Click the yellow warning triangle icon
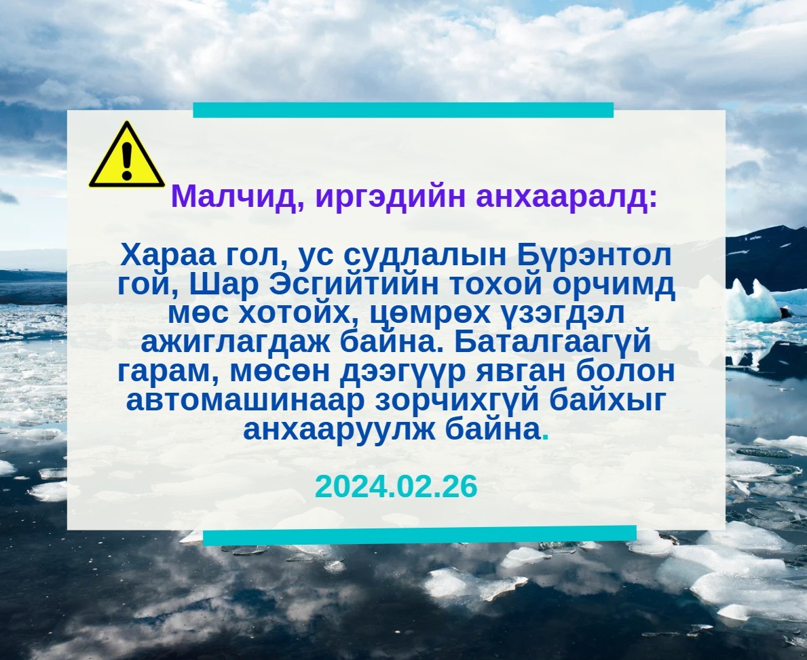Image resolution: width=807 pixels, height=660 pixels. [127, 155]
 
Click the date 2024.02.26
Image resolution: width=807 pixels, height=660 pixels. [396, 486]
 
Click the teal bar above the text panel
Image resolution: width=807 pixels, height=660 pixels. [403, 110]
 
